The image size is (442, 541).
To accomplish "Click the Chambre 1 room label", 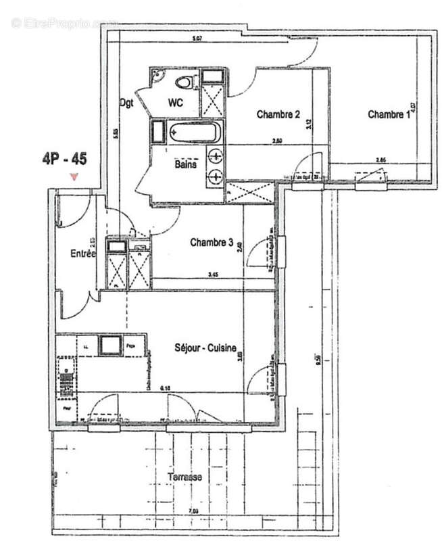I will pyautogui.click(x=389, y=115).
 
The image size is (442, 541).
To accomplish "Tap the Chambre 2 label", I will pyautogui.click(x=278, y=115).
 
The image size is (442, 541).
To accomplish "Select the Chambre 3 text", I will pyautogui.click(x=212, y=242).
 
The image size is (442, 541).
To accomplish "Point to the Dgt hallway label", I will pyautogui.click(x=126, y=103).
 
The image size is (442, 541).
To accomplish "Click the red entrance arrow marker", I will pyautogui.click(x=74, y=177).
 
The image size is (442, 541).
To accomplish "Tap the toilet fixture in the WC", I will pyautogui.click(x=182, y=83).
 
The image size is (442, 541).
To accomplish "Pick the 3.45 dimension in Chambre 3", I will pyautogui.click(x=212, y=275).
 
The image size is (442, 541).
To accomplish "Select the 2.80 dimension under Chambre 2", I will pyautogui.click(x=277, y=141).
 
